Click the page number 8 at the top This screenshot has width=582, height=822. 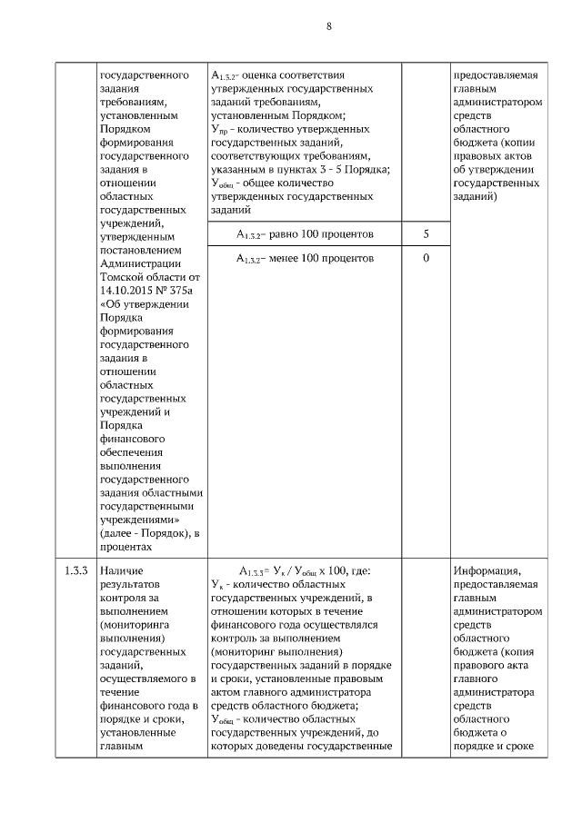click(329, 26)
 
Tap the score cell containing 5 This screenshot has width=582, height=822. click(426, 234)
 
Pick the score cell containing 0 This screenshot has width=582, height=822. click(426, 259)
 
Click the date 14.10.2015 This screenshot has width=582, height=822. click(127, 290)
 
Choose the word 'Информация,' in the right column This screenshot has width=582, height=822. click(487, 570)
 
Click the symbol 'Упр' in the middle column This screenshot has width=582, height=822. click(218, 130)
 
